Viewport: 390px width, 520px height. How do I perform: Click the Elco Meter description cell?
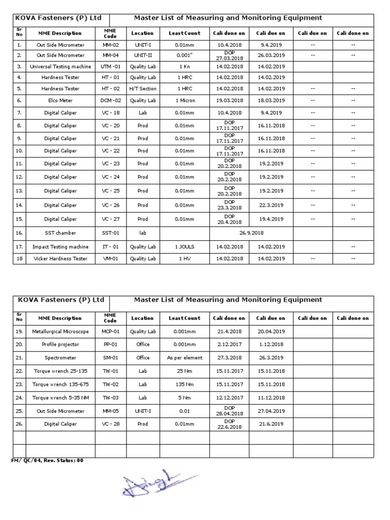pyautogui.click(x=60, y=101)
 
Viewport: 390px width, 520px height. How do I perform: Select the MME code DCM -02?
pyautogui.click(x=110, y=101)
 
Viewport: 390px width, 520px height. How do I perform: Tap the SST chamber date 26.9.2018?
pyautogui.click(x=249, y=233)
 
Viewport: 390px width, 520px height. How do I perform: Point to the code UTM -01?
pyautogui.click(x=110, y=67)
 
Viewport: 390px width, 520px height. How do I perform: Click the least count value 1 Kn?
pyautogui.click(x=184, y=67)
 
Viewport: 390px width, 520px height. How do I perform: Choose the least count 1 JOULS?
pyautogui.click(x=184, y=247)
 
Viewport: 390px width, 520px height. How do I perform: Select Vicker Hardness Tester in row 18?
pyautogui.click(x=60, y=258)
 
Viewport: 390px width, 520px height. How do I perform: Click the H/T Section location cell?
pyautogui.click(x=143, y=89)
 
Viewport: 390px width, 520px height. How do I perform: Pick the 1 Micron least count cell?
pyautogui.click(x=184, y=101)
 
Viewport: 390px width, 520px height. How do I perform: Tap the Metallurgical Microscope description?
pyautogui.click(x=60, y=332)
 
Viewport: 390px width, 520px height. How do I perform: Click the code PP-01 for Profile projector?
pyautogui.click(x=110, y=344)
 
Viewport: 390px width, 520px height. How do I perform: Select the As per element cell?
pyautogui.click(x=184, y=357)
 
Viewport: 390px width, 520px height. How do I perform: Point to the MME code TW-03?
pyautogui.click(x=110, y=397)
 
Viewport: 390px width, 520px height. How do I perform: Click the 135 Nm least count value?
pyautogui.click(x=184, y=384)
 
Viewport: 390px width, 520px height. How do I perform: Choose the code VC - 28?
pyautogui.click(x=110, y=424)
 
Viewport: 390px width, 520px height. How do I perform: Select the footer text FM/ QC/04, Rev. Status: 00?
pyautogui.click(x=47, y=460)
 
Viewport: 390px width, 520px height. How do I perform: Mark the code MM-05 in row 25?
pyautogui.click(x=110, y=410)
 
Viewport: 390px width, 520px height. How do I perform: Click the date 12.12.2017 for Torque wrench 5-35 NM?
pyautogui.click(x=230, y=397)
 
